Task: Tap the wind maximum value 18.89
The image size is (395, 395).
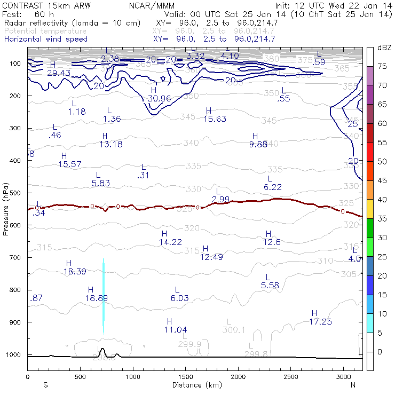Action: point(98,298)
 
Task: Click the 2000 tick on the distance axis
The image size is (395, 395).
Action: point(238,376)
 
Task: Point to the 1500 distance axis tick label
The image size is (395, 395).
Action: point(185,376)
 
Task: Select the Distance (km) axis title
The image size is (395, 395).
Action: point(195,384)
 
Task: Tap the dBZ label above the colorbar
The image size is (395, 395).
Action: point(385,48)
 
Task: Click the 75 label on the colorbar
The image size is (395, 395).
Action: point(382,66)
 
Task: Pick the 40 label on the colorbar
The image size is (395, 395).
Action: point(382,199)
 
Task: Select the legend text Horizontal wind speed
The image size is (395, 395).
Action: point(46,39)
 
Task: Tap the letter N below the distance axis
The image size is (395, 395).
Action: point(353,384)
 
